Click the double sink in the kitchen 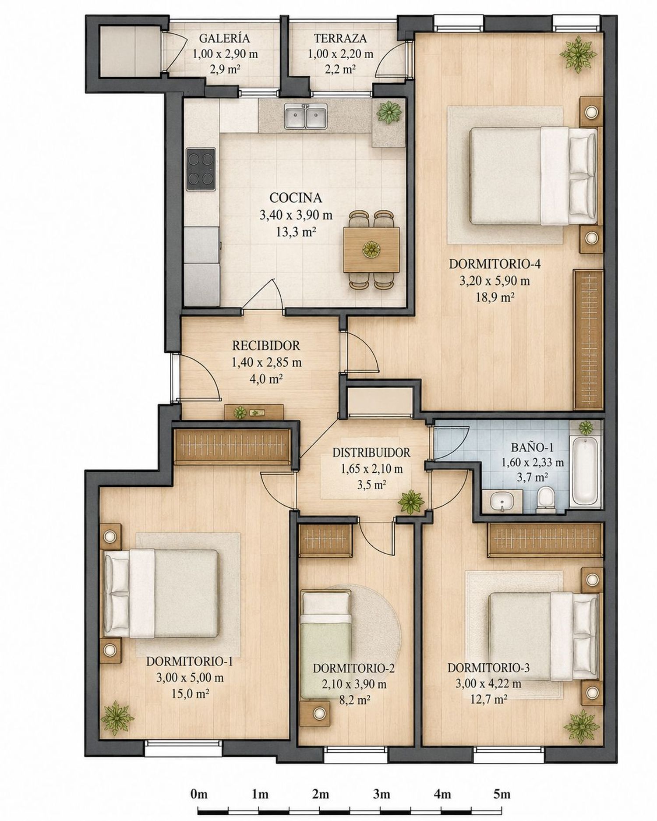(x=306, y=116)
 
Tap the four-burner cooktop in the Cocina (x=201, y=169)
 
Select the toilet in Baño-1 (x=546, y=499)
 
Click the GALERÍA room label (x=224, y=39)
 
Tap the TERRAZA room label (x=340, y=39)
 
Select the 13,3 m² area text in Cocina (x=296, y=232)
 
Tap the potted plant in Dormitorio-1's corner (x=117, y=717)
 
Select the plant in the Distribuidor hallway (x=411, y=501)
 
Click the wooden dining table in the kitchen (x=371, y=249)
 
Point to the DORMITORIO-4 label (x=495, y=264)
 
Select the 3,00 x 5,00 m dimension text (x=190, y=678)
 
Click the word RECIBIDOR (x=266, y=346)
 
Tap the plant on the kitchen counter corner (x=389, y=112)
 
